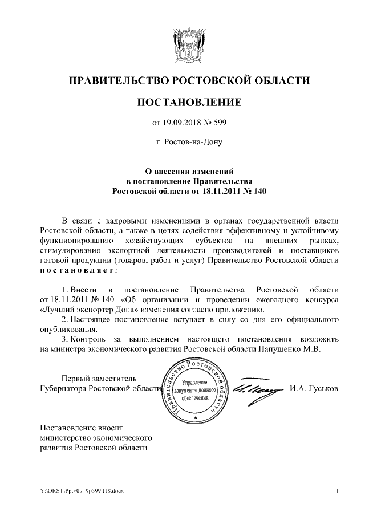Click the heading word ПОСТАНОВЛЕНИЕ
tap(189, 102)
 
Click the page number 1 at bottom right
tap(338, 490)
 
